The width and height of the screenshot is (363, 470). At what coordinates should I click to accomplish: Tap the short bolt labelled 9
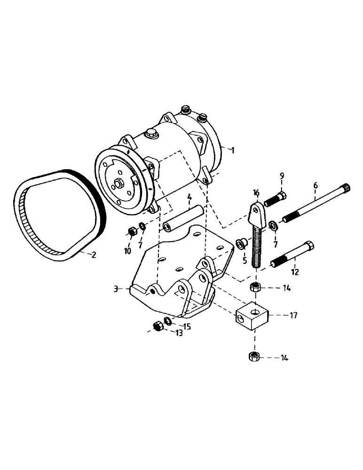tap(276, 199)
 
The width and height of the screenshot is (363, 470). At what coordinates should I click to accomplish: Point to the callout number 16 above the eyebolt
tap(256, 193)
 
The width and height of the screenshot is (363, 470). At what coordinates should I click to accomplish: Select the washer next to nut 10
tap(142, 228)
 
